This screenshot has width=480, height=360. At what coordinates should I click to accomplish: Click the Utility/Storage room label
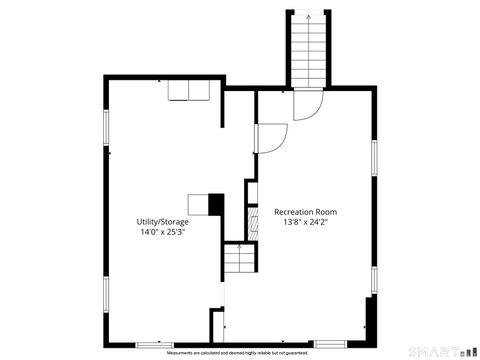pos(162,221)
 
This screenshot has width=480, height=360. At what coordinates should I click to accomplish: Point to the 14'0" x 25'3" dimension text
pos(162,232)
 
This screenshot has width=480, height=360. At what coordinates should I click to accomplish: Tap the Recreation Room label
pos(305,212)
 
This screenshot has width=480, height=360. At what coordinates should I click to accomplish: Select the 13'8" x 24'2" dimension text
pos(305,223)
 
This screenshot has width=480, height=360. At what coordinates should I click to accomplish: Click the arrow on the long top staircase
pos(309,16)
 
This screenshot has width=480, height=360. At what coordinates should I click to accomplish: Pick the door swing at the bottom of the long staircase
pos(309,103)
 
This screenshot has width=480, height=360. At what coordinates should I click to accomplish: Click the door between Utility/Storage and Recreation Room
pos(271,138)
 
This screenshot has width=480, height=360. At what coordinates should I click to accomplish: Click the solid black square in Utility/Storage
pos(215,203)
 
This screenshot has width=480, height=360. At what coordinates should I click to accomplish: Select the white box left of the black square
pos(198,203)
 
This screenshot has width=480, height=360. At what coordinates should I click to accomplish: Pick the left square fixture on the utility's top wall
pos(178,91)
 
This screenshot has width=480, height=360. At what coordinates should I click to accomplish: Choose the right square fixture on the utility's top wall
pos(199,91)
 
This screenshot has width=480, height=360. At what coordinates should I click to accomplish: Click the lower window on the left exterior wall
pos(106,292)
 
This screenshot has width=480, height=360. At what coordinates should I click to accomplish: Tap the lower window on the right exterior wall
pos(374,278)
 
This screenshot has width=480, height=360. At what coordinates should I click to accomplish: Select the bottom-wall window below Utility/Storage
pos(154,344)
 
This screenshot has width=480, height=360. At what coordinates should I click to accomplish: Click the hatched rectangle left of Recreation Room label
pos(250,192)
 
